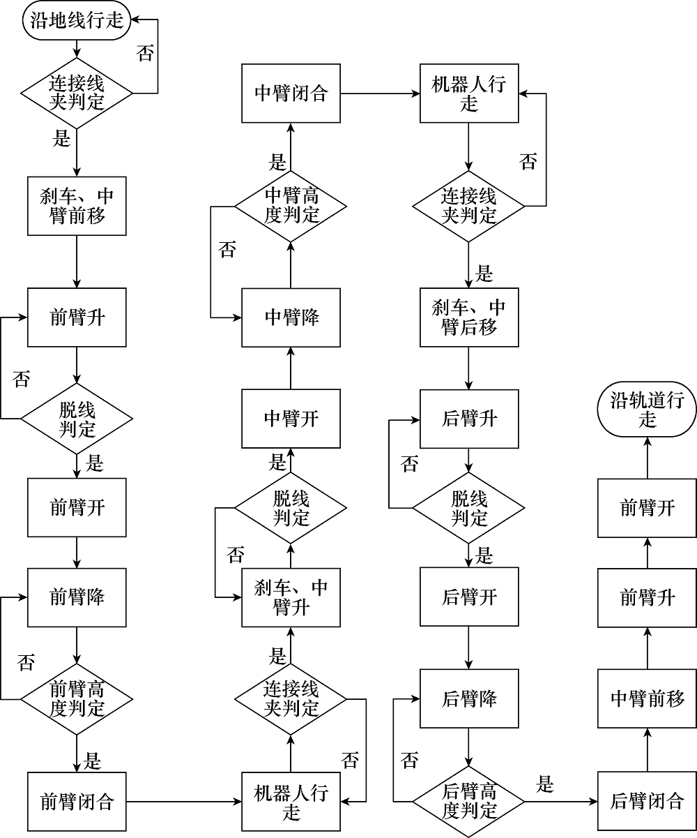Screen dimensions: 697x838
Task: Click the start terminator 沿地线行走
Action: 76,20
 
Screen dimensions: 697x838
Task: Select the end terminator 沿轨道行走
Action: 647,409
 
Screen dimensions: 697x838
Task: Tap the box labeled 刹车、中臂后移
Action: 469,317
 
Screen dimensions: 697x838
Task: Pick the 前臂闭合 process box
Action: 77,802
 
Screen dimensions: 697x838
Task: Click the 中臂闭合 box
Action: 291,93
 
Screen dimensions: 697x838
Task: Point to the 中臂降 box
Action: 291,317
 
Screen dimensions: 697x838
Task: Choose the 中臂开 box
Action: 291,419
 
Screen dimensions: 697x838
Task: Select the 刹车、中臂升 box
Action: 291,597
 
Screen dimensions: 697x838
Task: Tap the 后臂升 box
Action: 469,419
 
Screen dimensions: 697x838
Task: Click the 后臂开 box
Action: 469,597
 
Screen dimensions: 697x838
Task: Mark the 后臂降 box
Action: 469,698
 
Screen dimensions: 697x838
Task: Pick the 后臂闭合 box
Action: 647,801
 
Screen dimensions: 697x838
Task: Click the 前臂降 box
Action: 77,597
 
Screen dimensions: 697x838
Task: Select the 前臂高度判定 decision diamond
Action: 77,699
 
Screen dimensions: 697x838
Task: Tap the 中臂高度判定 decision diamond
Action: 291,207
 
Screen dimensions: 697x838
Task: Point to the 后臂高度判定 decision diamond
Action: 469,802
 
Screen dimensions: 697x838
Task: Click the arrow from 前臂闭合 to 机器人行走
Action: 184,802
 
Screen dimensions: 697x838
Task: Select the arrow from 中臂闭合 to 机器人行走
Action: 380,93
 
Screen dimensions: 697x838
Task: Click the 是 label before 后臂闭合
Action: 544,784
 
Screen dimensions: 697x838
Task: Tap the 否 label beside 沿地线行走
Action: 145,53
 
